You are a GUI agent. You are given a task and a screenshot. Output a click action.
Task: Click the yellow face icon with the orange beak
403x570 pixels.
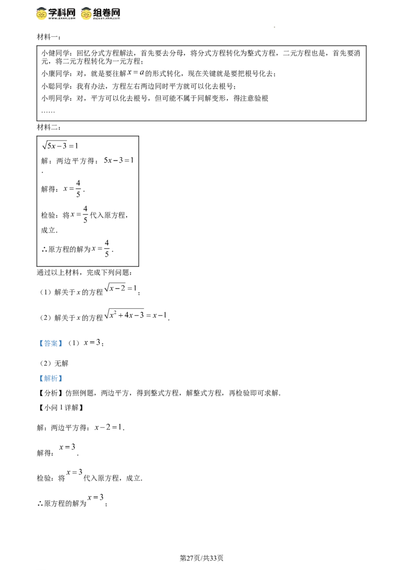(87, 14)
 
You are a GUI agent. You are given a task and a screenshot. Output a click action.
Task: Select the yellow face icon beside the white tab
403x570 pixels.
(42, 14)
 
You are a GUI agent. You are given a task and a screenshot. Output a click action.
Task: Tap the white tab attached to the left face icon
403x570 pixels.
(34, 14)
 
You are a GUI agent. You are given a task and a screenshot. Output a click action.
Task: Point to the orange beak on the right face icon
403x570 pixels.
(87, 16)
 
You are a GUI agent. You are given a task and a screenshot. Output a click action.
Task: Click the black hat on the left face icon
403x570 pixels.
(42, 7)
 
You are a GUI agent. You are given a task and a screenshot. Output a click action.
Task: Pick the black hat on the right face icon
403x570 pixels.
(87, 7)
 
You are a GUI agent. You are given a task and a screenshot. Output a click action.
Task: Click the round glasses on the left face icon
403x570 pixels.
(42, 14)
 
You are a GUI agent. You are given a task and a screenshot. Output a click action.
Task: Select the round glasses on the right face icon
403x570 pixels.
(87, 14)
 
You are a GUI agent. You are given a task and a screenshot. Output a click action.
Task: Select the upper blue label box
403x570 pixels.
(50, 344)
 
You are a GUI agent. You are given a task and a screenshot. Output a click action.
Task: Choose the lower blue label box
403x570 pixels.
(50, 379)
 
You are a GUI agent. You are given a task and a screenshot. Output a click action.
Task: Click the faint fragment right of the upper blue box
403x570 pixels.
(91, 343)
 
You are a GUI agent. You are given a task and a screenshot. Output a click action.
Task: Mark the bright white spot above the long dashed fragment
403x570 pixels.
(147, 308)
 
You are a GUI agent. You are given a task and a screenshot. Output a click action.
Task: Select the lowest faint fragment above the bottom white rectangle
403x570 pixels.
(95, 498)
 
